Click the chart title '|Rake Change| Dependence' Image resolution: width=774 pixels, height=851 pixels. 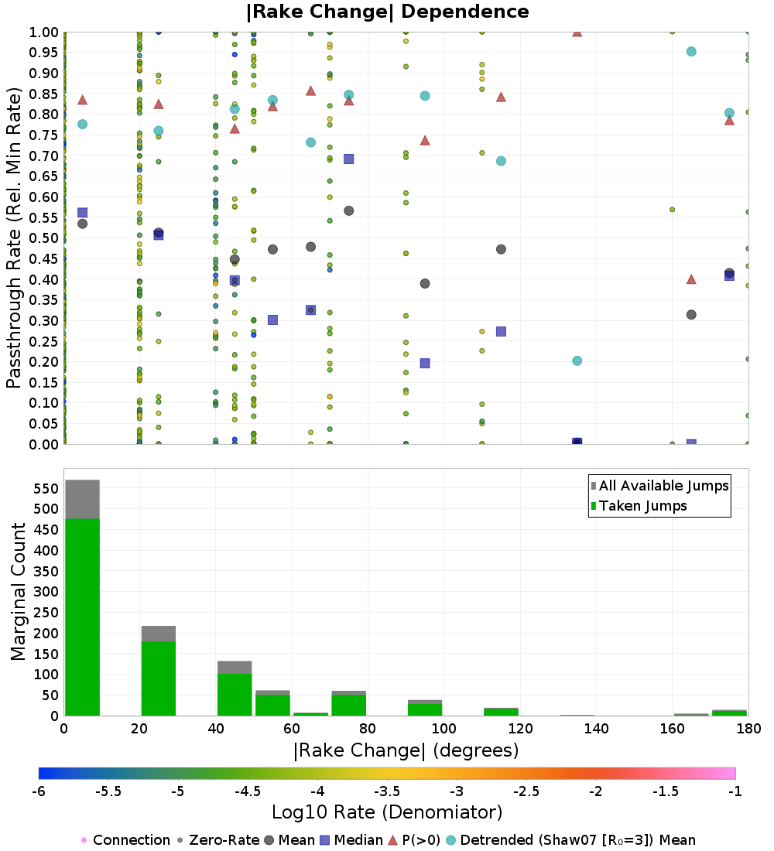click(387, 12)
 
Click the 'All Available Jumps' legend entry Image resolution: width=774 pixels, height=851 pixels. click(663, 486)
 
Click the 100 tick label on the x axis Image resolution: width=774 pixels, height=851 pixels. click(444, 728)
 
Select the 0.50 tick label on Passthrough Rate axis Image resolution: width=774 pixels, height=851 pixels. click(44, 238)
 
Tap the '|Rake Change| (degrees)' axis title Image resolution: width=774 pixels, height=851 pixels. click(406, 750)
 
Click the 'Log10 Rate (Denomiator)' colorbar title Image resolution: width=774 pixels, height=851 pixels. click(387, 812)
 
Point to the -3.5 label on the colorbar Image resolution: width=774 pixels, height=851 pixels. click(387, 792)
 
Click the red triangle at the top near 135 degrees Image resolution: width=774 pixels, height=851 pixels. click(577, 32)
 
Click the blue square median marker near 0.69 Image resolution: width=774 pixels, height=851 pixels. click(348, 159)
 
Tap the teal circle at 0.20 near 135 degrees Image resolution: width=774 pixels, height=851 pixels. click(577, 361)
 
